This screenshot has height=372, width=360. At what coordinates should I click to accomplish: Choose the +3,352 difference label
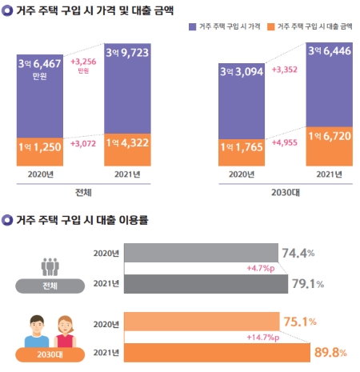pyautogui.click(x=286, y=70)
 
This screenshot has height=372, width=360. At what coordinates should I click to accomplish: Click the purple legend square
pyautogui.click(x=192, y=26)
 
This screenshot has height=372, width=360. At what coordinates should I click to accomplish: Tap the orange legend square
pyautogui.click(x=274, y=26)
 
